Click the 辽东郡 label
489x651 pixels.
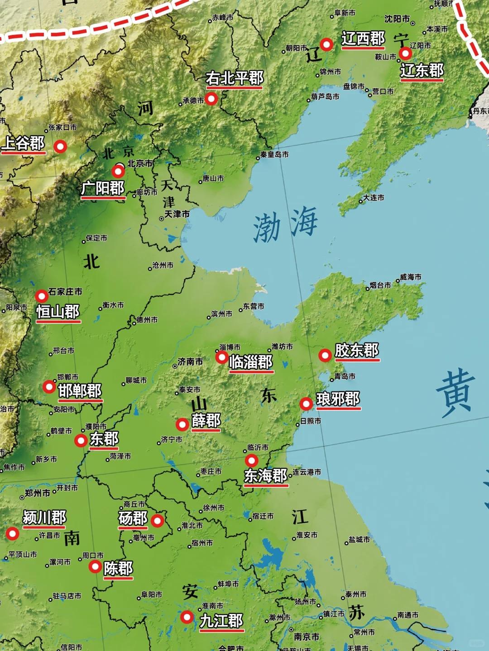point(422,71)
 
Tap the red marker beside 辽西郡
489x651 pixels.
point(326,44)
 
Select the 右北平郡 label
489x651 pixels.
point(234,78)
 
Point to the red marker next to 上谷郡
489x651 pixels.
point(60,146)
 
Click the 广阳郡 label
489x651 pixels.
point(103,188)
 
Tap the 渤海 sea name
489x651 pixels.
point(285,224)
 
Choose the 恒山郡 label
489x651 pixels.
point(58,312)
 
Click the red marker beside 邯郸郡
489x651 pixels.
point(49,387)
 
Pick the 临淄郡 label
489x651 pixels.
point(251,362)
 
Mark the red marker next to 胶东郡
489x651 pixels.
point(325,356)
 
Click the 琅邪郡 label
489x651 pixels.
point(338,399)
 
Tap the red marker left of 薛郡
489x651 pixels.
point(182,424)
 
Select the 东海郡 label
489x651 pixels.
point(265,475)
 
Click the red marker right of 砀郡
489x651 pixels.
point(158,521)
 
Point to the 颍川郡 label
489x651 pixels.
point(44,517)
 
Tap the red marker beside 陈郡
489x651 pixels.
point(95,566)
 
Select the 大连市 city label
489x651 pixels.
point(374,198)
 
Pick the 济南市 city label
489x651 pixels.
point(190,361)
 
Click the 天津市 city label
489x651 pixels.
point(177,214)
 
